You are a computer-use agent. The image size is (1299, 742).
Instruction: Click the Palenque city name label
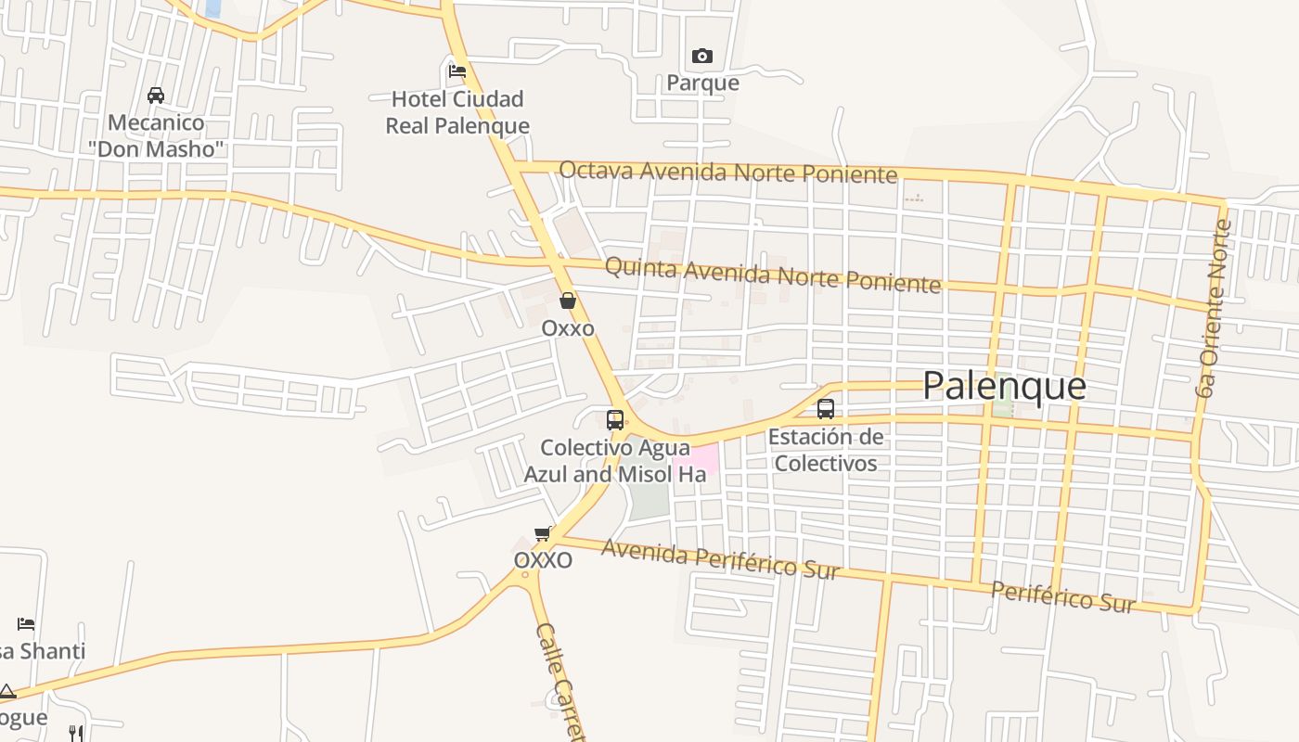[x=1004, y=386]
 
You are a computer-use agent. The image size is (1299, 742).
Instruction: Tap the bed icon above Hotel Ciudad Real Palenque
[x=457, y=70]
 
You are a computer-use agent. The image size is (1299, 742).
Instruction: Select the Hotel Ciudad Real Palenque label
[x=457, y=112]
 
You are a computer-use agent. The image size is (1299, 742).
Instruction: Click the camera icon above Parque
[x=702, y=57]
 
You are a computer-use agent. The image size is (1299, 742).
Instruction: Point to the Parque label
[x=702, y=83]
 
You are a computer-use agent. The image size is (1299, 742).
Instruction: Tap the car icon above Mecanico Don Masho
[x=156, y=95]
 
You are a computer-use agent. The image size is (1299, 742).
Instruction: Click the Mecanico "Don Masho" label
[x=157, y=135]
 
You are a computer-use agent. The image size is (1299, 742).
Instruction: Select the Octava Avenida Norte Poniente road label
[x=728, y=172]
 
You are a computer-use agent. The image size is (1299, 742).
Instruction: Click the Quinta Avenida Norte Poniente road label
[x=772, y=275]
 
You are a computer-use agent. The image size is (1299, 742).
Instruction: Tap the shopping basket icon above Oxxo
[x=568, y=301]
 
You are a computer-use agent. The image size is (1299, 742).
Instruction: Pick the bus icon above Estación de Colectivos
[x=825, y=408]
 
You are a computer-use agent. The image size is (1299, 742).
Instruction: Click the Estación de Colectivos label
[x=826, y=450]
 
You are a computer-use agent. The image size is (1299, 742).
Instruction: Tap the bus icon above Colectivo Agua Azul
[x=614, y=419]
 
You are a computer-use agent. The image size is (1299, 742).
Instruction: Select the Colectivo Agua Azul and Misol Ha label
[x=614, y=461]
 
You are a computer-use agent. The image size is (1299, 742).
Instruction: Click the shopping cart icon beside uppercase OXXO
[x=543, y=533]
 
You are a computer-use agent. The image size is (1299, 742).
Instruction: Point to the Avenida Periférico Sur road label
[x=720, y=558]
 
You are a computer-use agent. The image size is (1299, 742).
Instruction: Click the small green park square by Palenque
[x=1001, y=408]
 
